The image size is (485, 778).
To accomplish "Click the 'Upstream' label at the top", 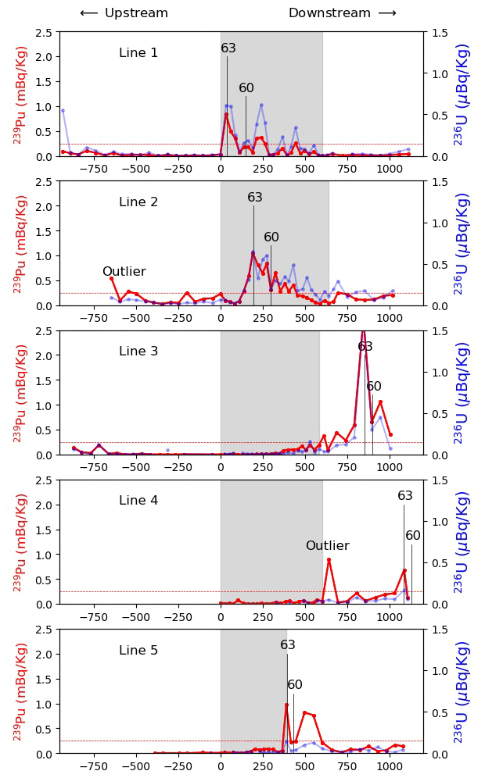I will point(136,13).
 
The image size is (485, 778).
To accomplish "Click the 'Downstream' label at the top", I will point(329,13).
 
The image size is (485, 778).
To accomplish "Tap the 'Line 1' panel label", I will point(138,53).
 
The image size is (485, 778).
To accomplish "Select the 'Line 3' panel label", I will point(138,352).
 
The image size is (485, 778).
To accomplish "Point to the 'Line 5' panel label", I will point(138,651).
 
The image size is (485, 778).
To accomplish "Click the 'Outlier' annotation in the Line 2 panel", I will point(124,272).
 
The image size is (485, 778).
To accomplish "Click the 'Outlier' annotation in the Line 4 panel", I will point(327,546).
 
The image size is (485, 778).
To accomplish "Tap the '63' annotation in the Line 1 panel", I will point(228,48).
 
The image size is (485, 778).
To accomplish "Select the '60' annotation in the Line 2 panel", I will point(271,237).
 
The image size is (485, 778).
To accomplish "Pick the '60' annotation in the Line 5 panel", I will point(295,685).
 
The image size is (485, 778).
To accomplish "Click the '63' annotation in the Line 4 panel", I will point(405,496).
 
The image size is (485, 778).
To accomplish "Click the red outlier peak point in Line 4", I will point(329,559).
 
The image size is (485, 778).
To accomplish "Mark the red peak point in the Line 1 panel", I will point(226,115).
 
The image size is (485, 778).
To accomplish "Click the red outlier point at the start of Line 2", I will point(111,278).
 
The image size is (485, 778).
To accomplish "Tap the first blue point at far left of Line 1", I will point(63,110).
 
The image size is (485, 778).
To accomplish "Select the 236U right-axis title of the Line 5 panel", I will point(463,691).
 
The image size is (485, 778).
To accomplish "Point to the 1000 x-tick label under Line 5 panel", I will point(390,767).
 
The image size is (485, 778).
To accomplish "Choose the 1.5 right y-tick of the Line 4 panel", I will point(436,480).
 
